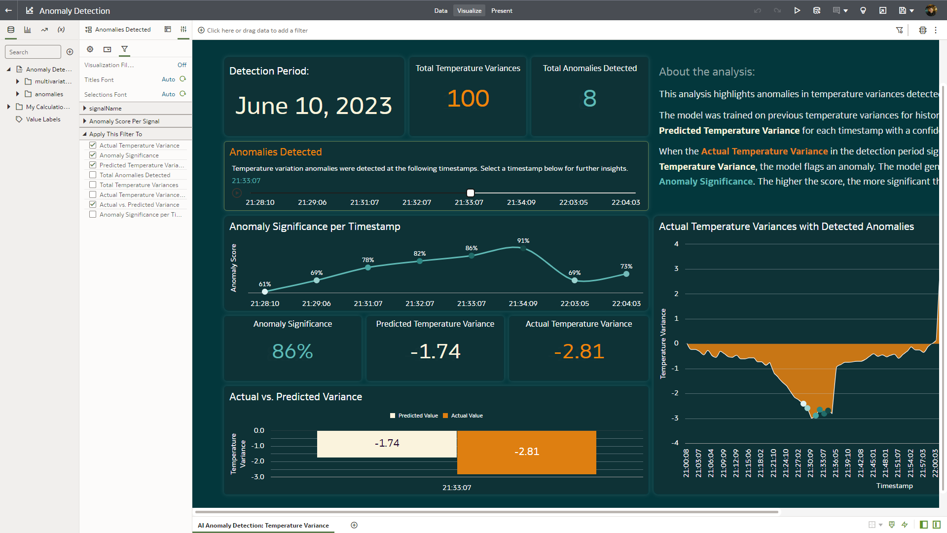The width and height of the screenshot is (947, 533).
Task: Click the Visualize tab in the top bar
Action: pos(469,11)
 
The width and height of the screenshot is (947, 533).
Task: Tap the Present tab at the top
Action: pos(502,11)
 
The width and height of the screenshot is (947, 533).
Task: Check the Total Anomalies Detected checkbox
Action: pos(93,175)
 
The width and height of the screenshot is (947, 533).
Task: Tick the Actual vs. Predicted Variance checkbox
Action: pos(93,205)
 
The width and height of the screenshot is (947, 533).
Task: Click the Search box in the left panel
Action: pos(33,52)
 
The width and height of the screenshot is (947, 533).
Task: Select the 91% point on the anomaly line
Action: pos(523,249)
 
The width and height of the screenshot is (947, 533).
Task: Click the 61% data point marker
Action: pos(265,292)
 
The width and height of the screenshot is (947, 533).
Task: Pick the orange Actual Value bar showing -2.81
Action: pos(526,452)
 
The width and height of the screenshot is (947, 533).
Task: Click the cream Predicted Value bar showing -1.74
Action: pos(387,444)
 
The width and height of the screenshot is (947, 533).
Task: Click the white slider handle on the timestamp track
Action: pos(471,193)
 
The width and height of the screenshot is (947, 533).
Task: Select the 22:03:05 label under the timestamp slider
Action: pos(573,202)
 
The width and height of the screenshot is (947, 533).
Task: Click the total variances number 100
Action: pos(468,98)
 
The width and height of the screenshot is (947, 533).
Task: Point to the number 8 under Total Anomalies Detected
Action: pos(589,98)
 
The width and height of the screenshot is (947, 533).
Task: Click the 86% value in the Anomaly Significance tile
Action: pos(292,351)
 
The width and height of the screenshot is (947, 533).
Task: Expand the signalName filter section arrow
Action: pos(85,109)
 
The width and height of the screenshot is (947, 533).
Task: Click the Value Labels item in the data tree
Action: pos(43,119)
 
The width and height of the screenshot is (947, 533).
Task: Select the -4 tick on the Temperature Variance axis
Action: pos(675,443)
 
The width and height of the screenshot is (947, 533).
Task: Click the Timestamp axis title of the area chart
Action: pos(894,486)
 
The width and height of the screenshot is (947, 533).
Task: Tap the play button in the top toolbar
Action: pos(797,11)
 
